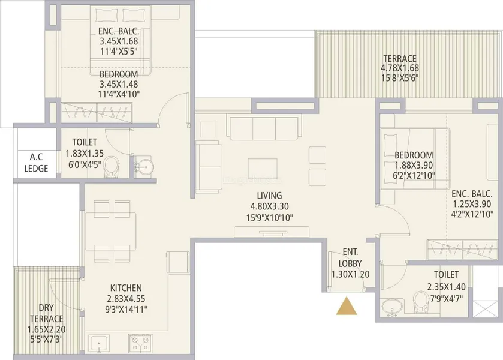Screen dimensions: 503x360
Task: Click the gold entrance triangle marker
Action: [347, 306]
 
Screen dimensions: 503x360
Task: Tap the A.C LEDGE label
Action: [36, 163]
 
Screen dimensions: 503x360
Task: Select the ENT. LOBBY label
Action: [350, 257]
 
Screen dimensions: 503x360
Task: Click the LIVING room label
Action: [269, 196]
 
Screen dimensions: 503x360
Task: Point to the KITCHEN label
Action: [126, 288]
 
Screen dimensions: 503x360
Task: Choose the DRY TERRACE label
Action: [47, 313]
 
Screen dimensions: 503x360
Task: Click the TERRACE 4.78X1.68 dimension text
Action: [400, 68]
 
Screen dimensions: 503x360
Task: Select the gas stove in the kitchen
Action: [140, 344]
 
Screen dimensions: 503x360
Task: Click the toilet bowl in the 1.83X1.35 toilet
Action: [111, 167]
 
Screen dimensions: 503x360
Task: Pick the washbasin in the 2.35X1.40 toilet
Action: [391, 306]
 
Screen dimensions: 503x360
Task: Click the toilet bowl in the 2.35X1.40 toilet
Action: [421, 302]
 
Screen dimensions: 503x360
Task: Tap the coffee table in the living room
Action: [263, 168]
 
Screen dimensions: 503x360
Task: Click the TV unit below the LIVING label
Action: [272, 232]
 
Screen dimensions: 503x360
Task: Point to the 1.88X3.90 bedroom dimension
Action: [414, 166]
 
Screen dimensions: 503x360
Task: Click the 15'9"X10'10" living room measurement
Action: [269, 218]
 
